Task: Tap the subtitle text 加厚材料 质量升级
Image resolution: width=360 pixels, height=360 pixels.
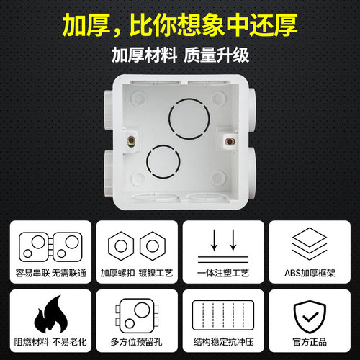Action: pyautogui.click(x=180, y=55)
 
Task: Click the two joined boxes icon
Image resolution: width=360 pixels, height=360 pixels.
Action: pyautogui.click(x=48, y=247)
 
